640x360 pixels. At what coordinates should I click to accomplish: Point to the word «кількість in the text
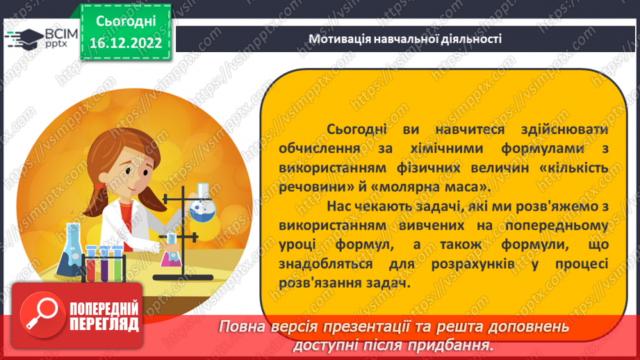point(575,167)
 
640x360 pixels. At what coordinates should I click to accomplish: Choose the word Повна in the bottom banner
point(241,326)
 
